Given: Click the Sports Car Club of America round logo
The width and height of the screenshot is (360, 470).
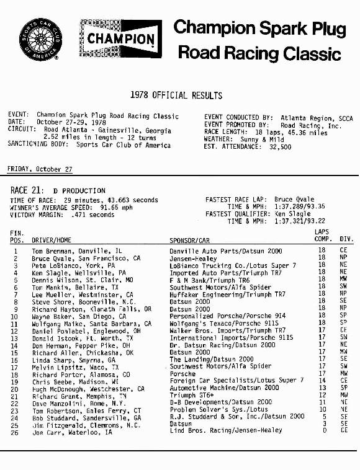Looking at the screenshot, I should pyautogui.click(x=39, y=38).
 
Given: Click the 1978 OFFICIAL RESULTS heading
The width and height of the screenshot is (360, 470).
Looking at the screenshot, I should pyautogui.click(x=176, y=95).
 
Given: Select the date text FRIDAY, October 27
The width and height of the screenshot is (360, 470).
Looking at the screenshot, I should pyautogui.click(x=40, y=169).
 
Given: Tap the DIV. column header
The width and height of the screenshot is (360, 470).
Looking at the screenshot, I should pyautogui.click(x=346, y=239).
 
